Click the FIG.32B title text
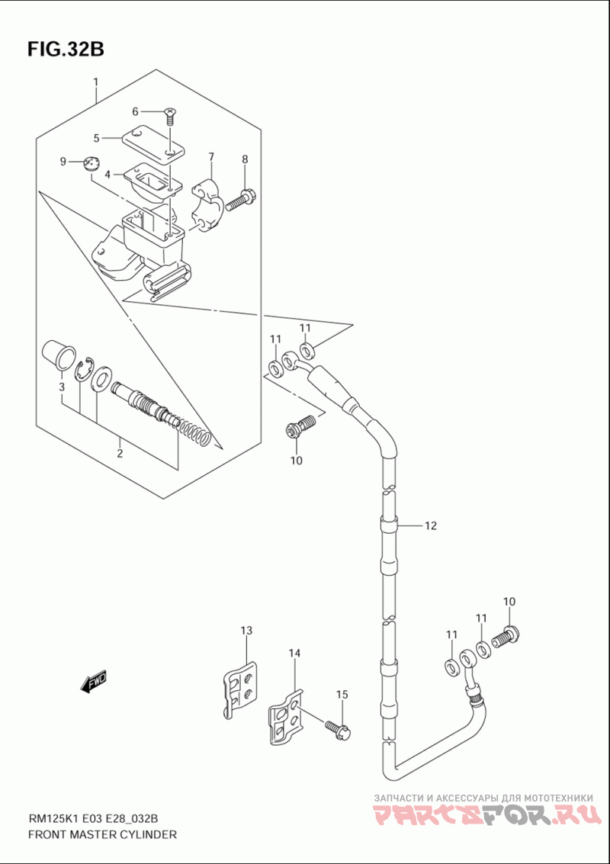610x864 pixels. coord(65,49)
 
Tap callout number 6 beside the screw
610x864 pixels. coord(135,111)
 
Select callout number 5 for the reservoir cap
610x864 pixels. coord(97,138)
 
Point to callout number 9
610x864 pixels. coord(65,161)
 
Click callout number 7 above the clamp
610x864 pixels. coord(211,157)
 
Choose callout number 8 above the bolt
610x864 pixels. coord(245,159)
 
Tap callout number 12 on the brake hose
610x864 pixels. coord(430,525)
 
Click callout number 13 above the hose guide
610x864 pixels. coord(246,631)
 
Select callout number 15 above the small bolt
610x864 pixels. coord(342,694)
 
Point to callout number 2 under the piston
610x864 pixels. coord(120,454)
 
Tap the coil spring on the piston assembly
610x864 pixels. coord(194,432)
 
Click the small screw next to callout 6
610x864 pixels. coord(170,116)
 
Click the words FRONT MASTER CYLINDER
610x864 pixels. coord(102,834)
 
